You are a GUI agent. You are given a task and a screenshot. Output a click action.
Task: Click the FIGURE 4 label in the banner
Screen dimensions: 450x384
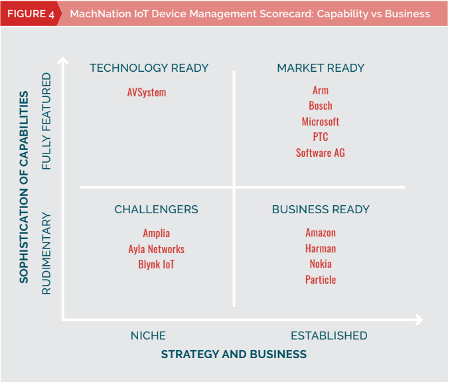[31, 14]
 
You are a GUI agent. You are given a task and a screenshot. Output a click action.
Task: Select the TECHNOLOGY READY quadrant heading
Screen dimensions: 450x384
[149, 68]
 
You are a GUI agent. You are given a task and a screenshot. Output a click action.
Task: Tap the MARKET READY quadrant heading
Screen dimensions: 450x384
[321, 68]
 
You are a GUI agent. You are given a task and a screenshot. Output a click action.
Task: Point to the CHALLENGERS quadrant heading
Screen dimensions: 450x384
[156, 209]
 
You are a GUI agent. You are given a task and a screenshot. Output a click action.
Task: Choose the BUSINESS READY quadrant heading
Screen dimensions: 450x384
[321, 209]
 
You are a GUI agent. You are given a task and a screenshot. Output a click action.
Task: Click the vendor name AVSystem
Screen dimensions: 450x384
[147, 92]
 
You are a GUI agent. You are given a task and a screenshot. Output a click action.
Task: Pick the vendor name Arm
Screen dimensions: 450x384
[321, 90]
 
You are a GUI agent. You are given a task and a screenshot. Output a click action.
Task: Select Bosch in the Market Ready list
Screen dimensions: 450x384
[321, 106]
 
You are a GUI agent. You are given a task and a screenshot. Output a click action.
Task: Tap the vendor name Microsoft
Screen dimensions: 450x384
[321, 122]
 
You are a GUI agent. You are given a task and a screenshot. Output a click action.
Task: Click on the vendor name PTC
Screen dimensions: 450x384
[321, 137]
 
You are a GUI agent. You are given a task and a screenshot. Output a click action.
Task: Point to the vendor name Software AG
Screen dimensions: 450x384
[321, 153]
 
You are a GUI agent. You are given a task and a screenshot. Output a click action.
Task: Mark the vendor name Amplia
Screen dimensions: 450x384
[157, 233]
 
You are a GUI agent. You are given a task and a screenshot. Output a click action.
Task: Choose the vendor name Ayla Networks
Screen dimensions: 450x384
[157, 249]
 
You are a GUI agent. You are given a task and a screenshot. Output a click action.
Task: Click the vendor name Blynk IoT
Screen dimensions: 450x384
[157, 264]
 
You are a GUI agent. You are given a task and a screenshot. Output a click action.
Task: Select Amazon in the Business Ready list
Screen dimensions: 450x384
[321, 233]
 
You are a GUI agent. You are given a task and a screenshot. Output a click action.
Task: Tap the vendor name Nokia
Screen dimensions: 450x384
[321, 264]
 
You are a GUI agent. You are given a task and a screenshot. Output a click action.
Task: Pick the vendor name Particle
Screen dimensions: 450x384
[321, 280]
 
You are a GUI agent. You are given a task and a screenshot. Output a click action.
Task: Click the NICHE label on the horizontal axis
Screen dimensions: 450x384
[148, 336]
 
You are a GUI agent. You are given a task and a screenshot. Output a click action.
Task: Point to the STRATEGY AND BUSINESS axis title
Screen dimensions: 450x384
[234, 354]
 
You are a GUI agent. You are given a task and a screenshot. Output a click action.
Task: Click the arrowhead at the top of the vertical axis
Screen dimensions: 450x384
[63, 60]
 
